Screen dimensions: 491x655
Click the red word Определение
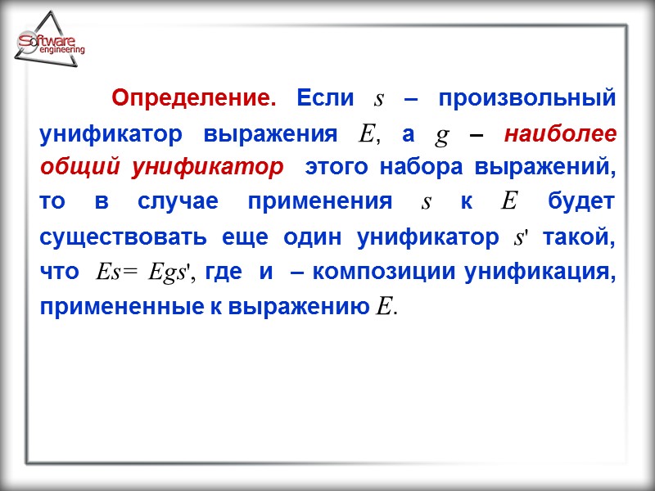(193, 99)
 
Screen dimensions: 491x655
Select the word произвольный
(526, 99)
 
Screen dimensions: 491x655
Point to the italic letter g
(442, 135)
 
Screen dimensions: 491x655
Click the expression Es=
(118, 273)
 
